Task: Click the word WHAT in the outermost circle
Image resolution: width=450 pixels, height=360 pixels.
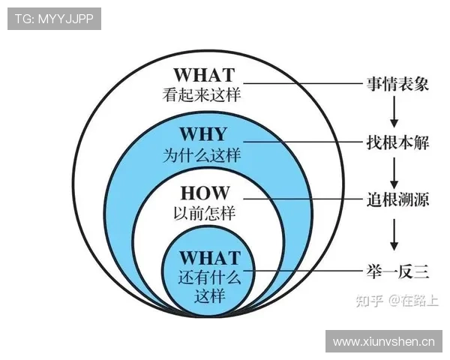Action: (204, 76)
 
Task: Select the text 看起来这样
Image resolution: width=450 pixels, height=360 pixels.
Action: (204, 96)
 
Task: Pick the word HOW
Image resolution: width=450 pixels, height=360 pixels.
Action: (204, 193)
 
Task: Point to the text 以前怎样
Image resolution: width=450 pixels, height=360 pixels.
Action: (204, 214)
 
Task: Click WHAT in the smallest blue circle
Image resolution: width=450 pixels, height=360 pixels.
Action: (209, 258)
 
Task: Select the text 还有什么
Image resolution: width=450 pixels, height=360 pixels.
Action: (209, 277)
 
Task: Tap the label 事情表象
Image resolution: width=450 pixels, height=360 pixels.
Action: (397, 83)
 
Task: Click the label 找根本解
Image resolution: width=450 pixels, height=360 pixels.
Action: (397, 141)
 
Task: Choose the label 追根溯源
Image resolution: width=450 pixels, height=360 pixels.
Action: (397, 199)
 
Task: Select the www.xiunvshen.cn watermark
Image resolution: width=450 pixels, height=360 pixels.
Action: (383, 342)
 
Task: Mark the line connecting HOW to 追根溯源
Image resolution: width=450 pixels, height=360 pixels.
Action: (300, 199)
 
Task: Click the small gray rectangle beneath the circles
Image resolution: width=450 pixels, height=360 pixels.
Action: (207, 320)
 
